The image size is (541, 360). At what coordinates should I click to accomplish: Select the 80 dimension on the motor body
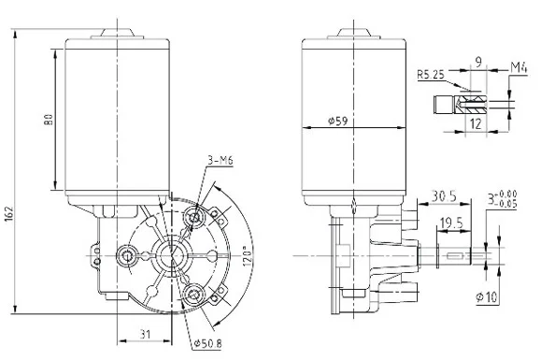coord(48,119)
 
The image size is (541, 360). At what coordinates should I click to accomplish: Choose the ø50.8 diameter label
coord(207,343)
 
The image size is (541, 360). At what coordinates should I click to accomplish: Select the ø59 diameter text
coord(339,122)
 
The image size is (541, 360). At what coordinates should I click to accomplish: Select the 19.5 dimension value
coord(449,222)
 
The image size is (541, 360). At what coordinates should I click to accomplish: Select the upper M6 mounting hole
coord(196,218)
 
